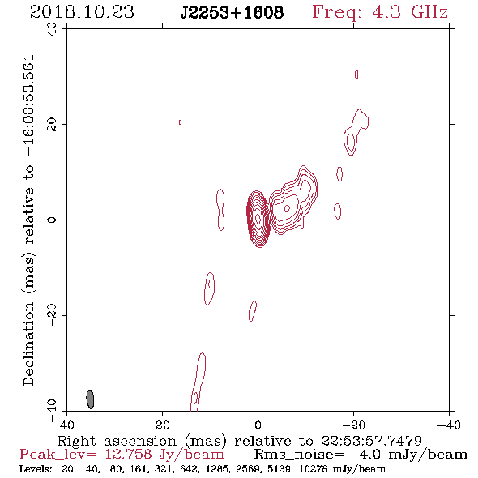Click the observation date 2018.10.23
click(x=82, y=12)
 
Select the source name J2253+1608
click(x=232, y=12)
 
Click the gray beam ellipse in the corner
click(x=90, y=399)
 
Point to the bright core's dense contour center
click(x=258, y=219)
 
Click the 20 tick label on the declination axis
click(x=52, y=125)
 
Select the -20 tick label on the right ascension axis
click(x=353, y=425)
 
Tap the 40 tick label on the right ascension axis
click(x=66, y=425)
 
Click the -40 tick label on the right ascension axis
click(x=449, y=425)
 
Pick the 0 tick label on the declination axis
click(x=52, y=220)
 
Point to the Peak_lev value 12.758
click(x=128, y=455)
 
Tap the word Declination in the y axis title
click(x=28, y=344)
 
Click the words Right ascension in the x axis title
click(x=117, y=441)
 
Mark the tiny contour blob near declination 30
click(x=356, y=75)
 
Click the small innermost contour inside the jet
click(x=287, y=208)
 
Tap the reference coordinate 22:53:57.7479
click(x=371, y=441)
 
